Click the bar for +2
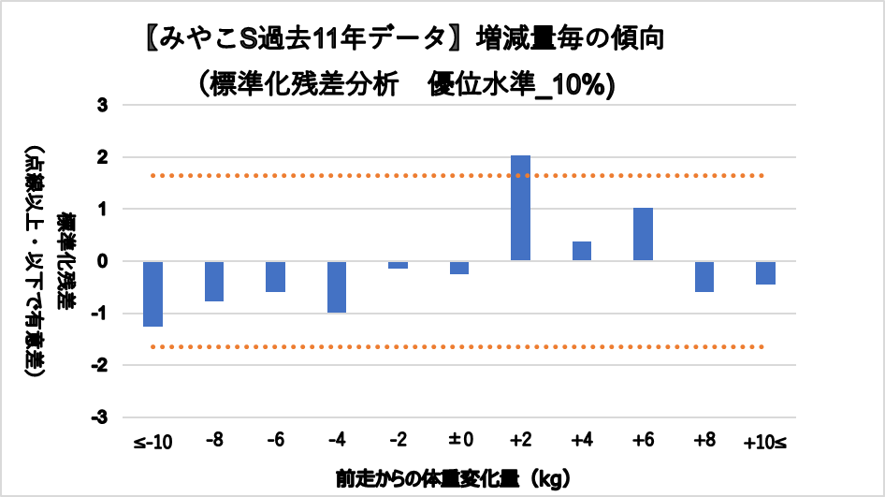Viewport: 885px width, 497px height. (520, 208)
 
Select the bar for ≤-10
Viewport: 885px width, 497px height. (152, 294)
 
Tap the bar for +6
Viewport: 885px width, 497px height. (643, 234)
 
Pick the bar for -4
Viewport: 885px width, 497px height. (337, 286)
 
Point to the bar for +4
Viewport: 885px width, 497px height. (581, 251)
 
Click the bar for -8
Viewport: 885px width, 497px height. (214, 281)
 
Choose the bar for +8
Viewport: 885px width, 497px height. (704, 276)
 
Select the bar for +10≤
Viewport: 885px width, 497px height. (765, 272)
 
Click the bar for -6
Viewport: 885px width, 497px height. (275, 276)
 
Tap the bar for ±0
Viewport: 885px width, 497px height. (458, 268)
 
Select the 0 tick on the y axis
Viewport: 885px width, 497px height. (105, 261)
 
